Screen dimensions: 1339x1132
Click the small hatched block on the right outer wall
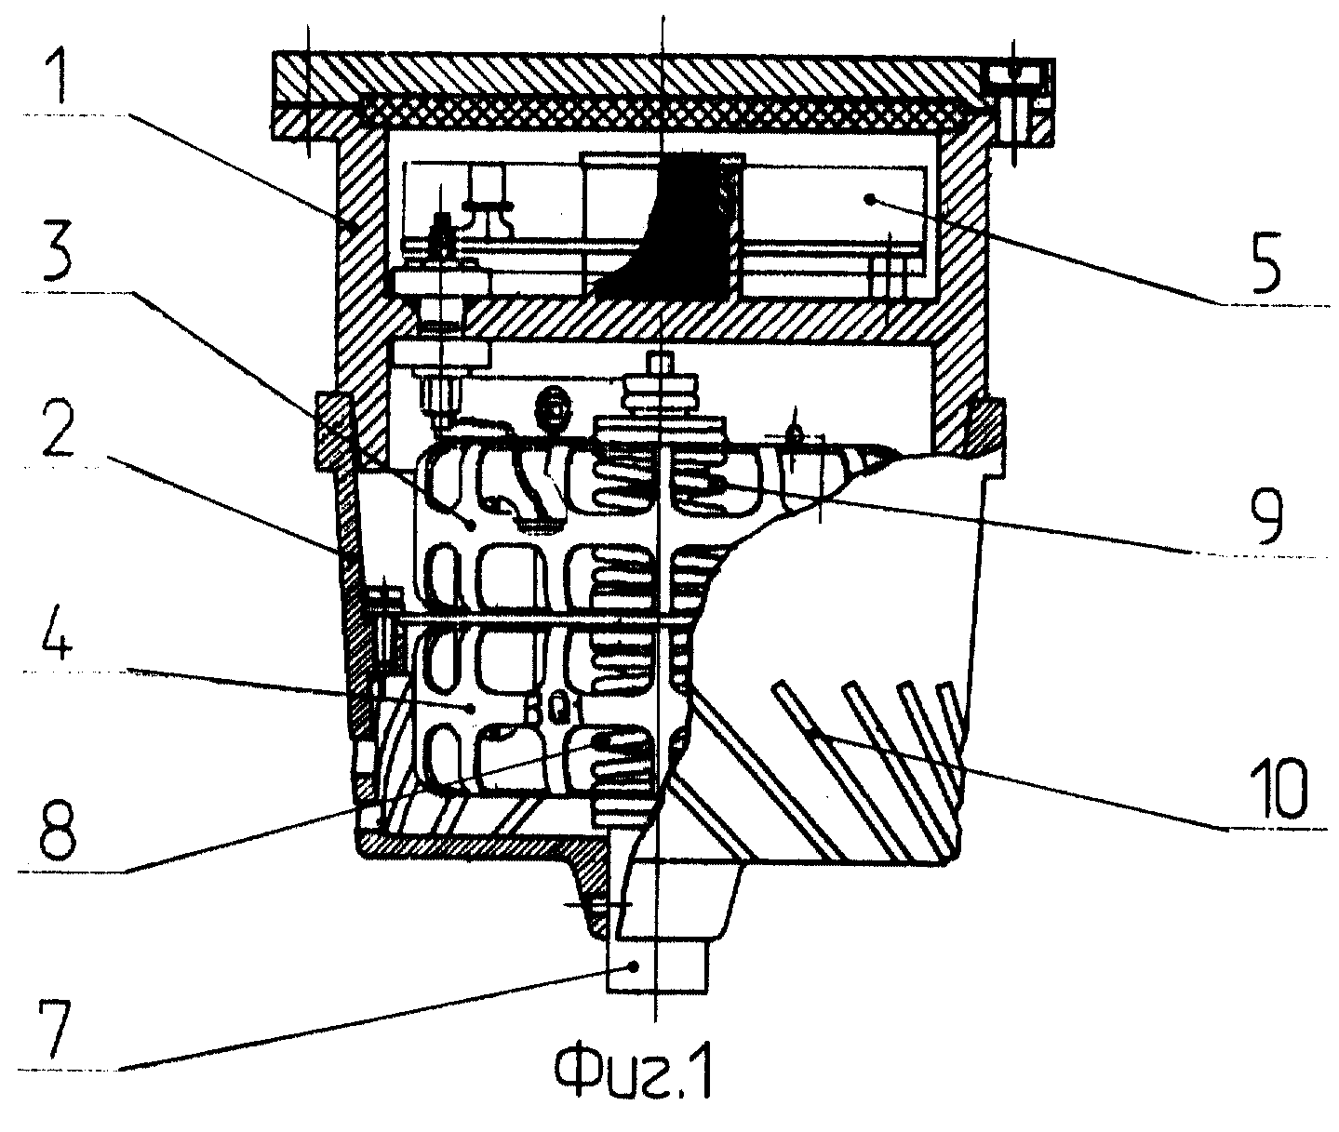pyautogui.click(x=985, y=428)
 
